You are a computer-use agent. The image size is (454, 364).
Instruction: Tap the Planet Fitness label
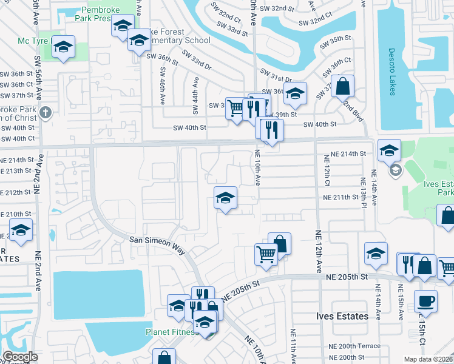coord(172,332)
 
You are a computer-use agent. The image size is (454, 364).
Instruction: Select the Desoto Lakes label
coord(391,72)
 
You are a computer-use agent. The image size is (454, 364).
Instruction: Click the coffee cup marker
coord(425,301)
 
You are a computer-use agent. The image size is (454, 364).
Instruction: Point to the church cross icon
coord(46,113)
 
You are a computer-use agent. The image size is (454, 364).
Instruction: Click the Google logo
coord(19,357)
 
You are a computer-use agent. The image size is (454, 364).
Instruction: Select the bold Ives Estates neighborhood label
coord(342,316)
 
